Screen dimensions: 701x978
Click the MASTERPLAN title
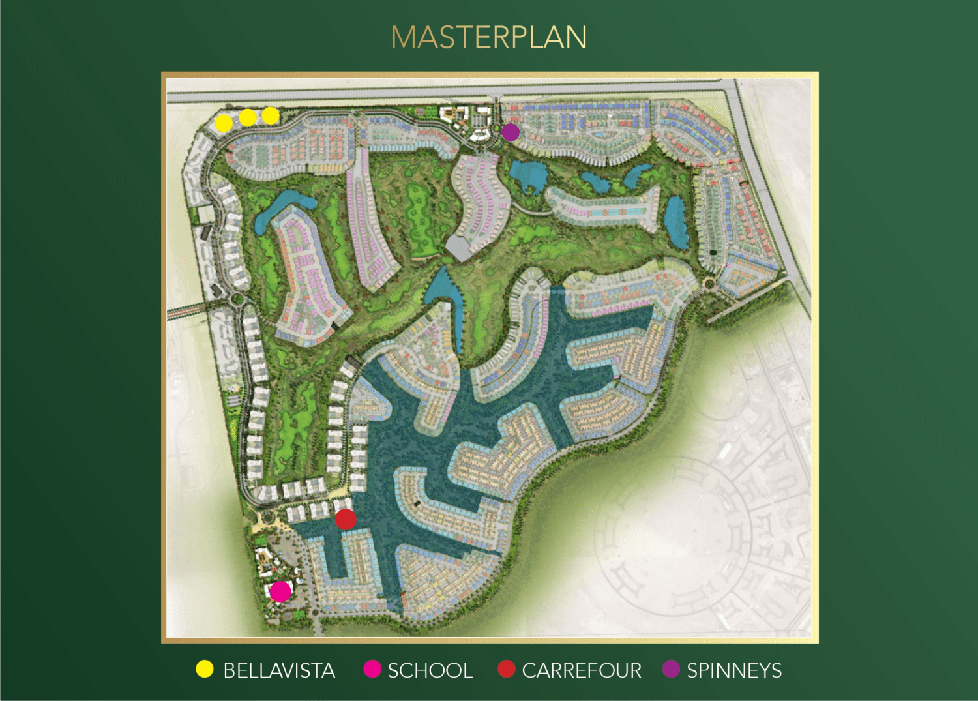tap(489, 37)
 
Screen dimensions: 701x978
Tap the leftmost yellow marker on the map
tap(224, 123)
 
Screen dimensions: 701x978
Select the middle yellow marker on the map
tap(248, 118)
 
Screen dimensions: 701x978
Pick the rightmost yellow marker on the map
tap(271, 116)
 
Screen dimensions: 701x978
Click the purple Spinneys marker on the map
tap(511, 132)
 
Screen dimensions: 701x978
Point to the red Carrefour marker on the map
tap(346, 519)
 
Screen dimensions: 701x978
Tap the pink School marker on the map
tap(280, 591)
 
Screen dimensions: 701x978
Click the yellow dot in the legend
tap(205, 669)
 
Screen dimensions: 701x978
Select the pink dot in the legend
tap(372, 669)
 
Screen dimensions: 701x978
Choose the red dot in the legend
tap(507, 669)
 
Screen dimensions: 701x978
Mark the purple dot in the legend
tap(671, 669)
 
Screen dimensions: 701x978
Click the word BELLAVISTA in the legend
tap(279, 670)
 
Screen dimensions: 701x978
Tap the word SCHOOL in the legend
tap(430, 670)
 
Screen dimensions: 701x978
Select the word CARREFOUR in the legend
tap(582, 670)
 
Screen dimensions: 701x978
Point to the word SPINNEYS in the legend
tap(734, 670)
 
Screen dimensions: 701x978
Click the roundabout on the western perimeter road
tap(237, 299)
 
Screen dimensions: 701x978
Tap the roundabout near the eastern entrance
tap(709, 282)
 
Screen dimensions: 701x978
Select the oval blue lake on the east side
tap(676, 222)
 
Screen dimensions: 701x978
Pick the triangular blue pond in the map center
tap(443, 287)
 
